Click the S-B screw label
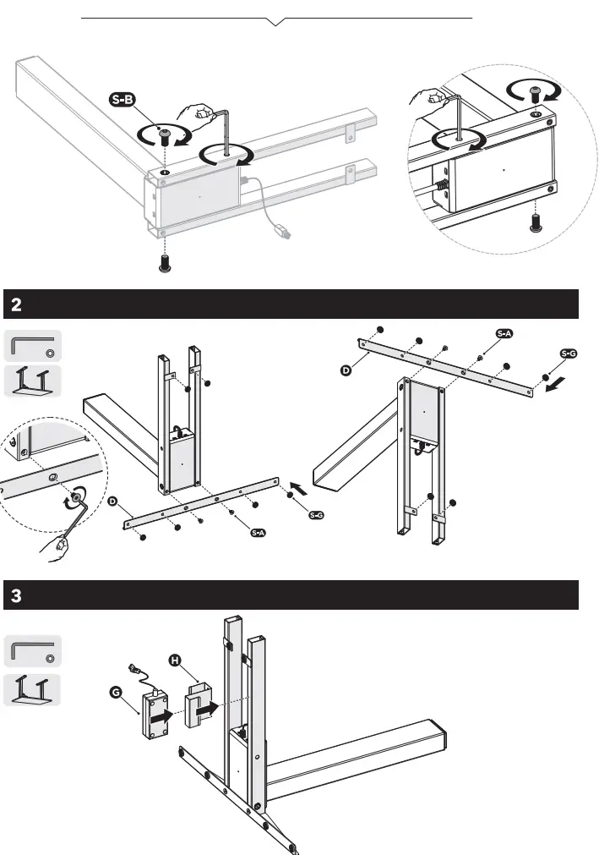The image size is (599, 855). click(123, 101)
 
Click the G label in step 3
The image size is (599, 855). click(116, 692)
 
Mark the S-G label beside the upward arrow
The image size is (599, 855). click(317, 515)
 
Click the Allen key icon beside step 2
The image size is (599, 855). click(33, 346)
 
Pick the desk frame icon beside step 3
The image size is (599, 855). click(33, 690)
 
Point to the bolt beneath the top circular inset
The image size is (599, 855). click(534, 222)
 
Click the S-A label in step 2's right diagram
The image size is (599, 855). click(504, 333)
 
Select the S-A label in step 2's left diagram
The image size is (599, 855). click(259, 533)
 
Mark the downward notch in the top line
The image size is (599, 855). click(276, 21)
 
